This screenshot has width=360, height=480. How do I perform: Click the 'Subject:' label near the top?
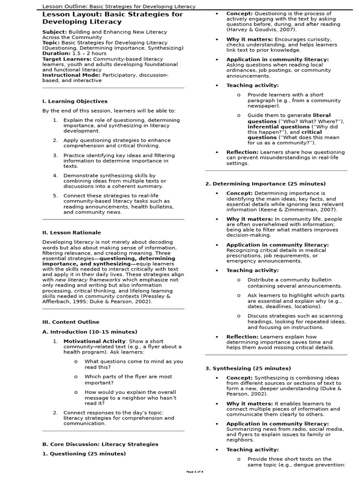(x=55, y=32)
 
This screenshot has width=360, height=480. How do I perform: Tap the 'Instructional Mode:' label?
(x=71, y=75)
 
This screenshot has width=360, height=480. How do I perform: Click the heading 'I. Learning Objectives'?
(x=75, y=101)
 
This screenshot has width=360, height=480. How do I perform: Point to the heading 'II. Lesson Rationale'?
(x=71, y=232)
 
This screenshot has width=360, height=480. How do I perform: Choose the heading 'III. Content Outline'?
(x=71, y=322)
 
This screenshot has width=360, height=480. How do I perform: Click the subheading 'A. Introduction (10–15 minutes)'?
(x=90, y=332)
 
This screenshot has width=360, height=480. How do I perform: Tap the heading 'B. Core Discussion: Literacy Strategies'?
(x=100, y=444)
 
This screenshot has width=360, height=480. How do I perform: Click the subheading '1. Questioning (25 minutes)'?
(x=84, y=454)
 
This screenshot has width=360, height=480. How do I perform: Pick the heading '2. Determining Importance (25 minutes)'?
(x=265, y=184)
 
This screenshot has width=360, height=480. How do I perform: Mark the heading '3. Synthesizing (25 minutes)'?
(x=248, y=368)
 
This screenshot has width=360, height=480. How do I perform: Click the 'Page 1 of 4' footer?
(x=195, y=472)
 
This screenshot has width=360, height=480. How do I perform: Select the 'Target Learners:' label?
(x=67, y=59)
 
